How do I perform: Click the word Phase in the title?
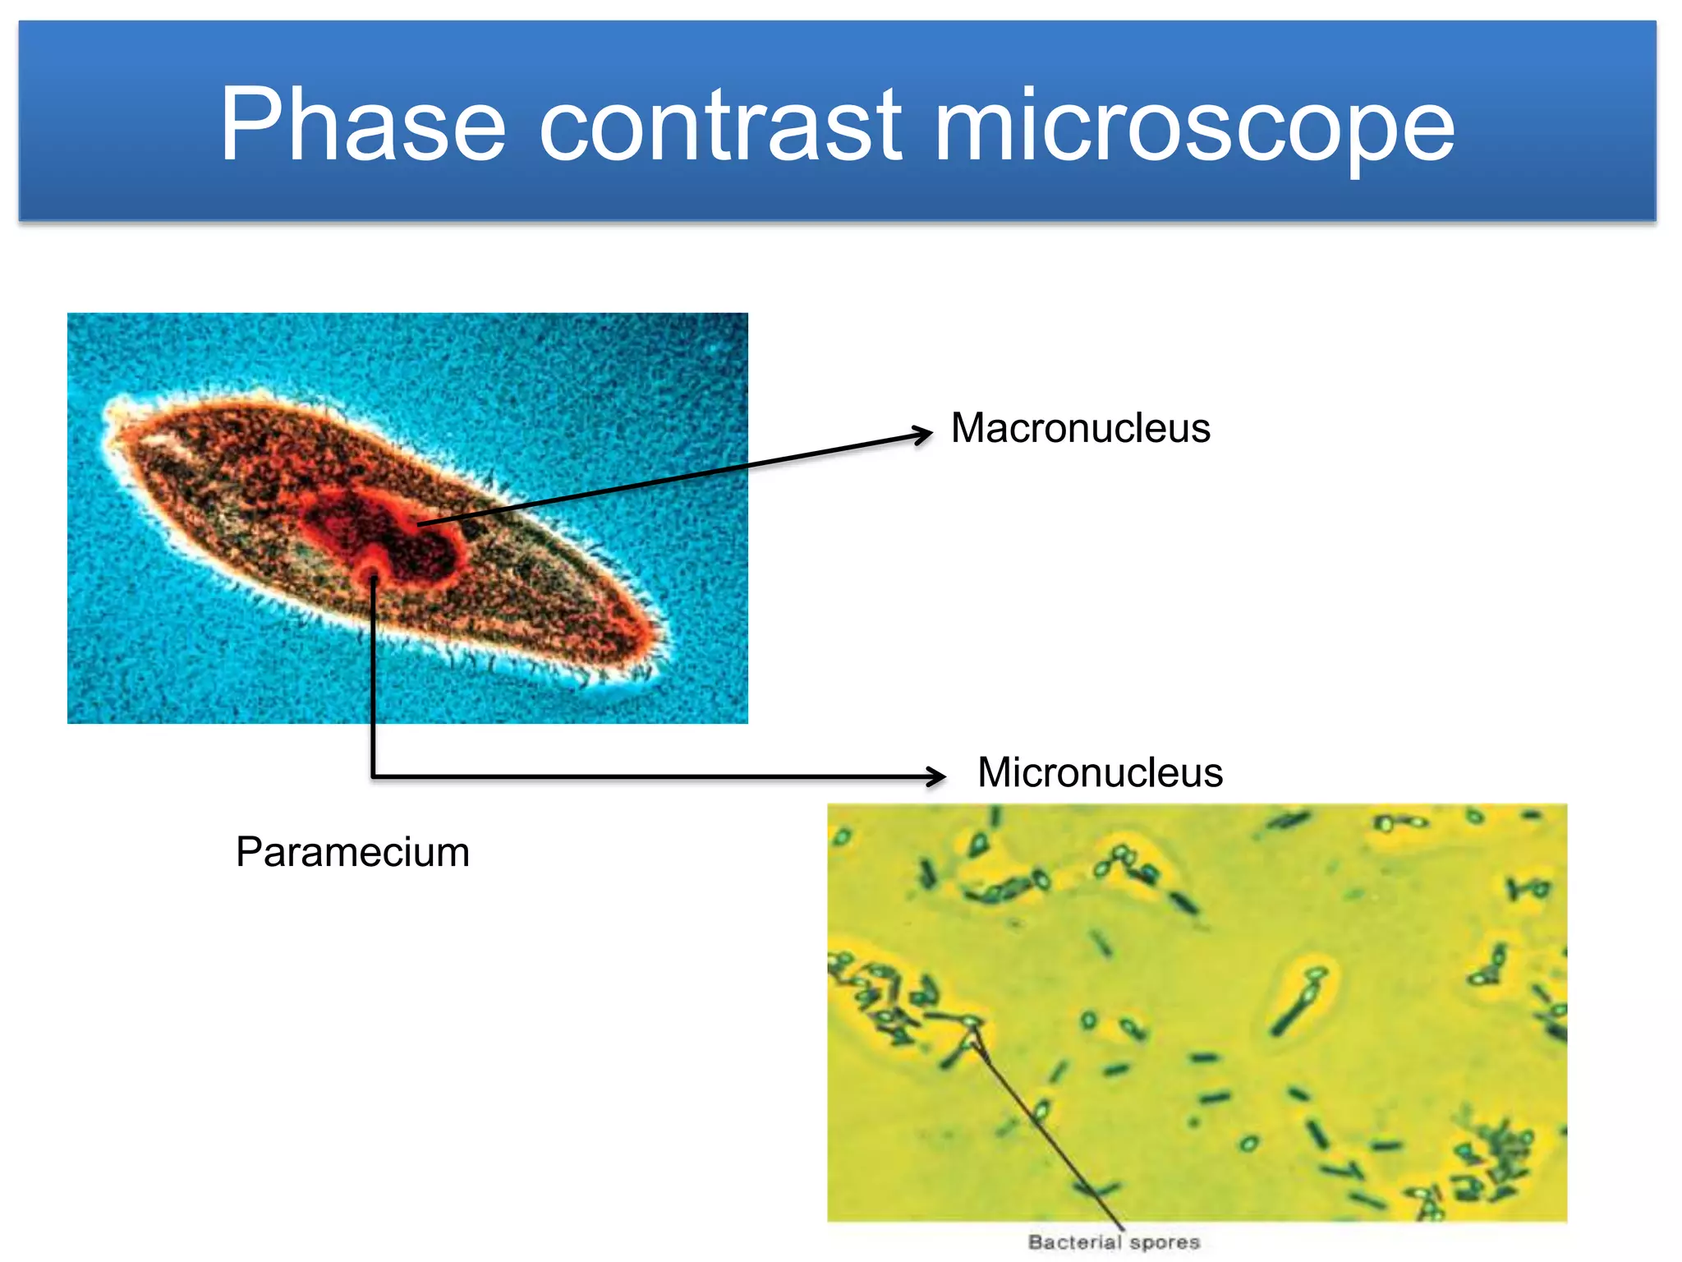[x=362, y=125]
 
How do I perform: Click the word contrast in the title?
[x=721, y=125]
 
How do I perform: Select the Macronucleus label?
[x=1080, y=428]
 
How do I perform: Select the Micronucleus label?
[x=1100, y=772]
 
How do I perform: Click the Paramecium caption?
[x=352, y=852]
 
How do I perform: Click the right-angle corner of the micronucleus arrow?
[x=373, y=776]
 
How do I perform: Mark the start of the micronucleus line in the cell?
[x=373, y=580]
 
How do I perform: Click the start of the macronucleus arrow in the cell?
[x=419, y=523]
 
